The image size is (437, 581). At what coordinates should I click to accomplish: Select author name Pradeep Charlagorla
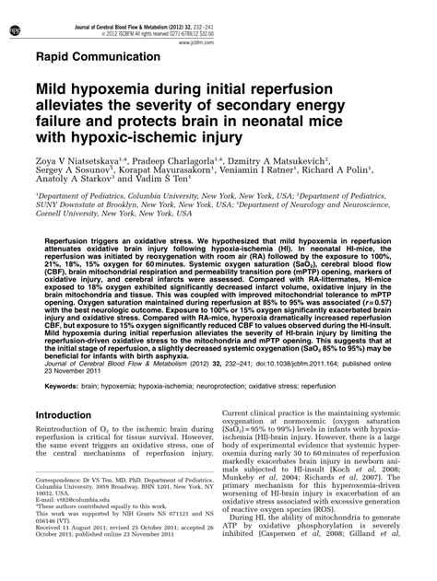point(193,170)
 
